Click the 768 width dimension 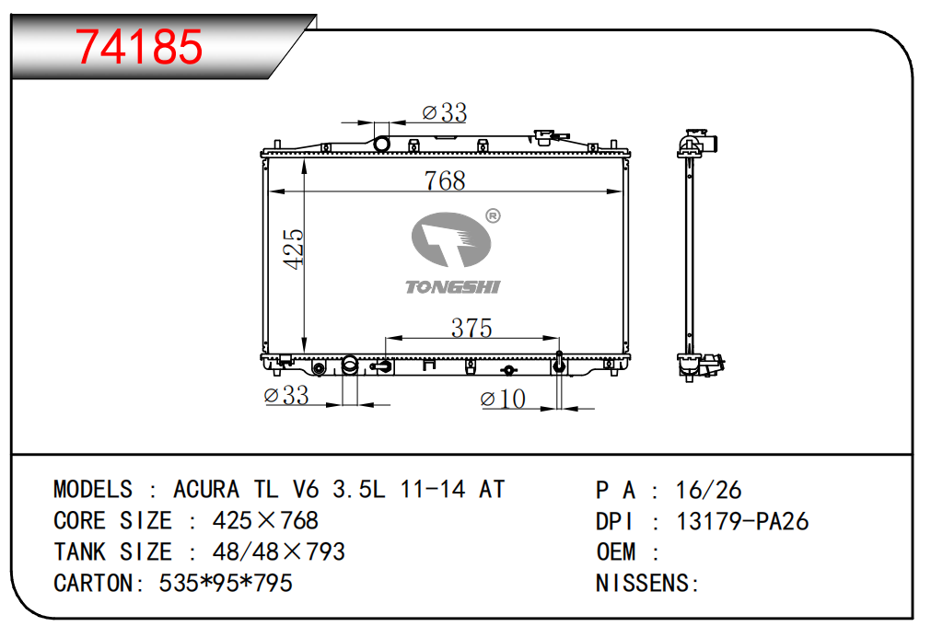(445, 180)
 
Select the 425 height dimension (294, 249)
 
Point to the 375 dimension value (471, 328)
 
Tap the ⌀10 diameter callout (503, 399)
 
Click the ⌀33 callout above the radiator (444, 112)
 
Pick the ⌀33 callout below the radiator (286, 395)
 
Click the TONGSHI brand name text (452, 287)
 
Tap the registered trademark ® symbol (493, 216)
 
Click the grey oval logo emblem (451, 239)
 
